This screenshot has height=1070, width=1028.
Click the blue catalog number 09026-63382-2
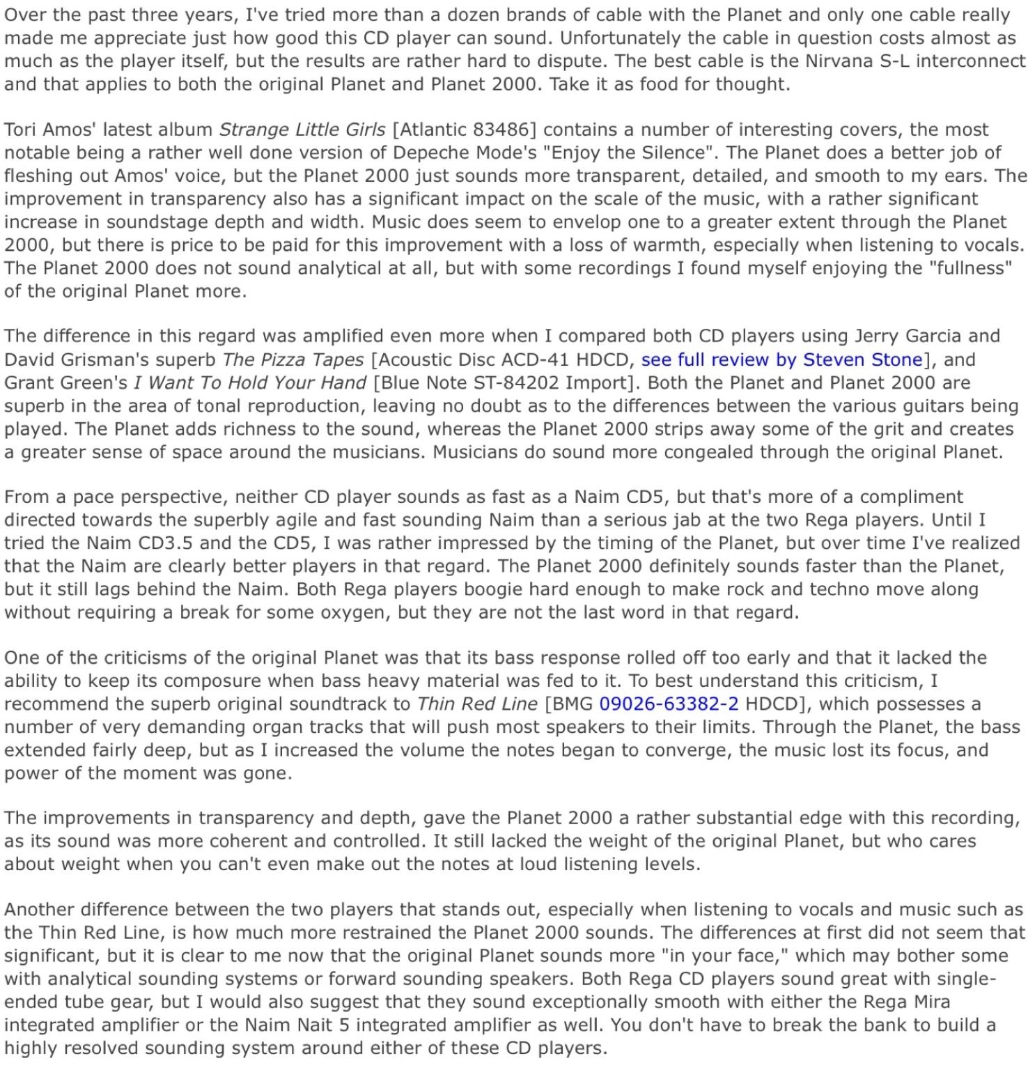[x=669, y=704]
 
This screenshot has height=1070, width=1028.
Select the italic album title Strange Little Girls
[x=302, y=130]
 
